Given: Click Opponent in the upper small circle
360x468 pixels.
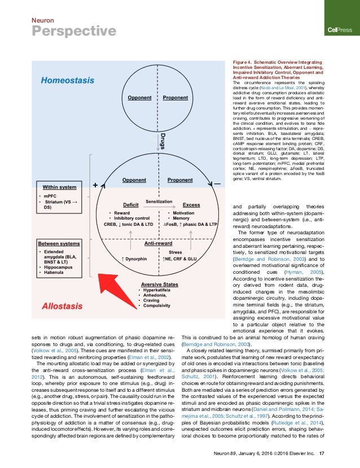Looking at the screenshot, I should click(x=139, y=98).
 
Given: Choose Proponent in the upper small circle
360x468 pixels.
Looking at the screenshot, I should click(x=175, y=98).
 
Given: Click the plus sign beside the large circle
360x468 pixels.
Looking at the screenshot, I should click(x=95, y=185).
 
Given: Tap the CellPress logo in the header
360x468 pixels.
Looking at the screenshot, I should click(x=340, y=30).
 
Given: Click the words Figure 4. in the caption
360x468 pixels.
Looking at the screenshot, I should click(x=244, y=61).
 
